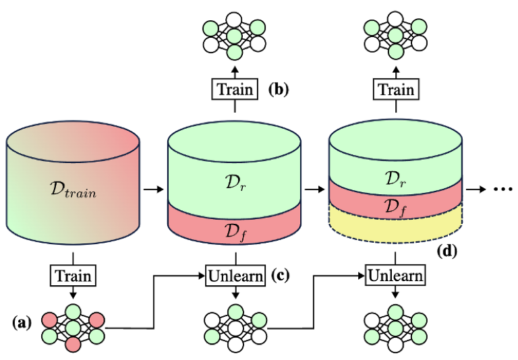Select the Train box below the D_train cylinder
pyautogui.click(x=73, y=276)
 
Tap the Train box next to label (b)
pyautogui.click(x=235, y=89)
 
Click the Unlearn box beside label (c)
pyautogui.click(x=235, y=276)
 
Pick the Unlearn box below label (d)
pyautogui.click(x=395, y=276)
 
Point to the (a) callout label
pyautogui.click(x=22, y=323)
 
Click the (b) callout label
pyautogui.click(x=279, y=89)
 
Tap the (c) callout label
pyautogui.click(x=280, y=276)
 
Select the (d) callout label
pyautogui.click(x=447, y=251)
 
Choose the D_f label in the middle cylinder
pyautogui.click(x=235, y=231)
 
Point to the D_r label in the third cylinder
pyautogui.click(x=395, y=179)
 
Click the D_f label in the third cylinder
pyautogui.click(x=395, y=207)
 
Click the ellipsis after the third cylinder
pyautogui.click(x=502, y=189)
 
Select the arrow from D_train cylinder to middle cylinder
pyautogui.click(x=154, y=189)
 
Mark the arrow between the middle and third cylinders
pyautogui.click(x=314, y=189)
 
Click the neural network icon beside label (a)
pyautogui.click(x=73, y=328)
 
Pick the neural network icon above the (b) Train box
pyautogui.click(x=234, y=36)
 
